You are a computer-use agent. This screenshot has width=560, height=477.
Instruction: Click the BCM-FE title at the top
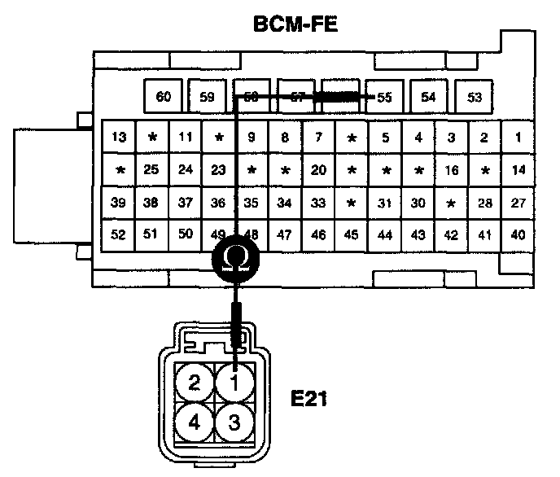tap(295, 25)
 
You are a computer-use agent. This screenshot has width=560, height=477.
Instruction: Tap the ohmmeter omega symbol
tap(236, 259)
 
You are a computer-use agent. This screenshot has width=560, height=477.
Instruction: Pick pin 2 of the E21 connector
tap(194, 382)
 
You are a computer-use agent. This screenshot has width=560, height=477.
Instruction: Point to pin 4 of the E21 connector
tap(194, 422)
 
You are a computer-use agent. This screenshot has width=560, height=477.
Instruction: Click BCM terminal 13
tap(119, 138)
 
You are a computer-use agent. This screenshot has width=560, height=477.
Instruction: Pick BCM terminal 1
tap(518, 138)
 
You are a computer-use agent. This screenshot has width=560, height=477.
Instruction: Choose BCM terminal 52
tap(119, 235)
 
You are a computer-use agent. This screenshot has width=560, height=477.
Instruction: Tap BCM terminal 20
tap(319, 170)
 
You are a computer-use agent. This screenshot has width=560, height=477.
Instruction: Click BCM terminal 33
tap(319, 203)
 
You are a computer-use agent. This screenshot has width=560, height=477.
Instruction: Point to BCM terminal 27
tap(518, 203)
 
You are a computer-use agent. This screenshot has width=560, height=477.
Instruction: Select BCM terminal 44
tap(385, 235)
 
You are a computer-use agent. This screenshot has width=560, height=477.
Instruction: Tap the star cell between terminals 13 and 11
tap(152, 138)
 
